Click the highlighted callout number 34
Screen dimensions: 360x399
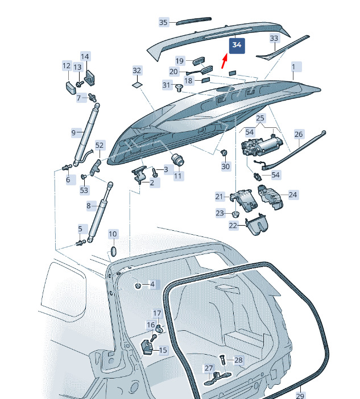pos(237,45)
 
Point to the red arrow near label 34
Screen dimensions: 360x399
pos(224,61)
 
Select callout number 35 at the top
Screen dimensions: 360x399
pos(163,22)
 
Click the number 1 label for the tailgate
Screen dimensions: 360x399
pos(293,67)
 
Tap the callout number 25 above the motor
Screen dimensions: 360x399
pos(260,118)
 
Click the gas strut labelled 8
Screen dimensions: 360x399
pos(100,211)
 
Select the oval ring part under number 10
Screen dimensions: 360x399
pos(113,251)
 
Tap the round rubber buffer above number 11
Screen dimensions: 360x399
pos(177,160)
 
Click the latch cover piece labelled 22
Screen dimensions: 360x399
pos(255,225)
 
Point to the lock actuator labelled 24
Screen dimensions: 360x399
pos(270,197)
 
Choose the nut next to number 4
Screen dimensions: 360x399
pos(138,285)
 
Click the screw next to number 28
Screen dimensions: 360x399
pos(222,360)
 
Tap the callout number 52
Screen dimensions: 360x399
pos(100,146)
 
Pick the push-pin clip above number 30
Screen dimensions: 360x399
pos(224,153)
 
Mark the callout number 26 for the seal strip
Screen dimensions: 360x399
pos(299,134)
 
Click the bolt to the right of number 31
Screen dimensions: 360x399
pos(179,88)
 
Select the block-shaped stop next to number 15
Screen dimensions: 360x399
pos(147,347)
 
